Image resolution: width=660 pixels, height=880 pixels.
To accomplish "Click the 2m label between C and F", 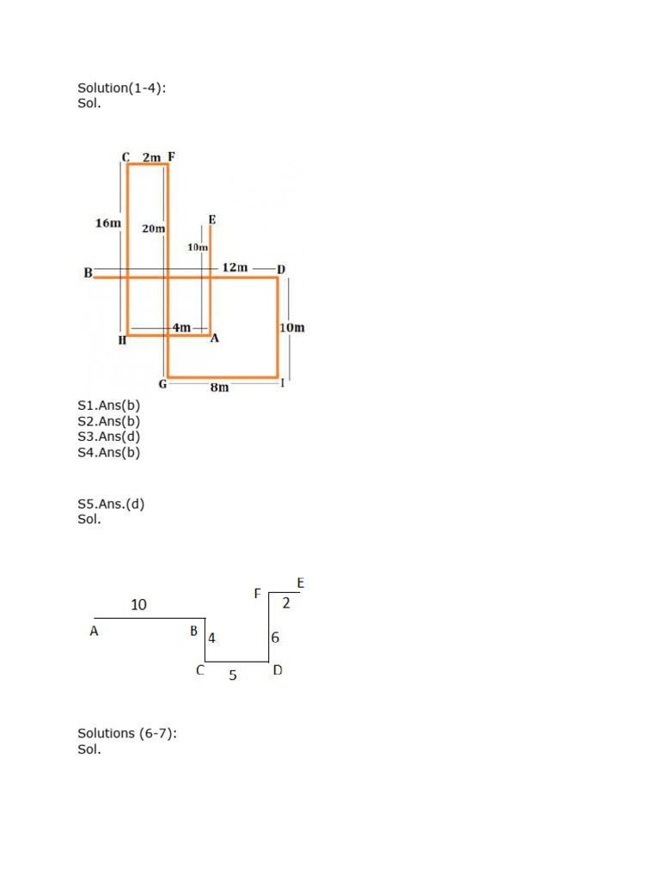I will (151, 157).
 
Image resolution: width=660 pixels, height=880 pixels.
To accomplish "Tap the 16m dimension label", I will (107, 223).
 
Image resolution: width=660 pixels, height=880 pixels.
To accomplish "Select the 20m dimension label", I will (154, 229).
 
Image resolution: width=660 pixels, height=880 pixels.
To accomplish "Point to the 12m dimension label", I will (235, 267).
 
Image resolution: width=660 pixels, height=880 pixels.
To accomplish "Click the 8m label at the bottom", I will (220, 388).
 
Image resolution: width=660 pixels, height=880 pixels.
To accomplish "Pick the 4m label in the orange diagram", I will (181, 327).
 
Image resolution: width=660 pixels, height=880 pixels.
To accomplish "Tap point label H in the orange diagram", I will (122, 341).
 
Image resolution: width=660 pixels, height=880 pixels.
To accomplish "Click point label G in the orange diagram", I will (162, 383).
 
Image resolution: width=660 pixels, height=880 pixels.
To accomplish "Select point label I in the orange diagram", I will (282, 382).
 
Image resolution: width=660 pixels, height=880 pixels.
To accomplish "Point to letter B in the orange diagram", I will (88, 272).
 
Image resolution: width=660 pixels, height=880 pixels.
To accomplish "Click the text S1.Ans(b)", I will (108, 406).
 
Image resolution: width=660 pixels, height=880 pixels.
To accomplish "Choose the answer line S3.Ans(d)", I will (108, 437).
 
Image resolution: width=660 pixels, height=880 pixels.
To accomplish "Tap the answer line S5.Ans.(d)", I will (111, 504).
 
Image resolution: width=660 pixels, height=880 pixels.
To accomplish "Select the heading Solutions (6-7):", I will (127, 733).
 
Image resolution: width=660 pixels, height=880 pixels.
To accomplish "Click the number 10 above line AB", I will (138, 605).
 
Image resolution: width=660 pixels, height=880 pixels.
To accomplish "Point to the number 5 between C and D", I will (233, 675).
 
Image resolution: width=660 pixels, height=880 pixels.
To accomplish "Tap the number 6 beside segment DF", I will (275, 638).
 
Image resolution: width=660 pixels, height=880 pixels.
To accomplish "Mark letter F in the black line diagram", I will (256, 593).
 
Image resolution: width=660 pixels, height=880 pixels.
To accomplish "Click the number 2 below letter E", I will (286, 603).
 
